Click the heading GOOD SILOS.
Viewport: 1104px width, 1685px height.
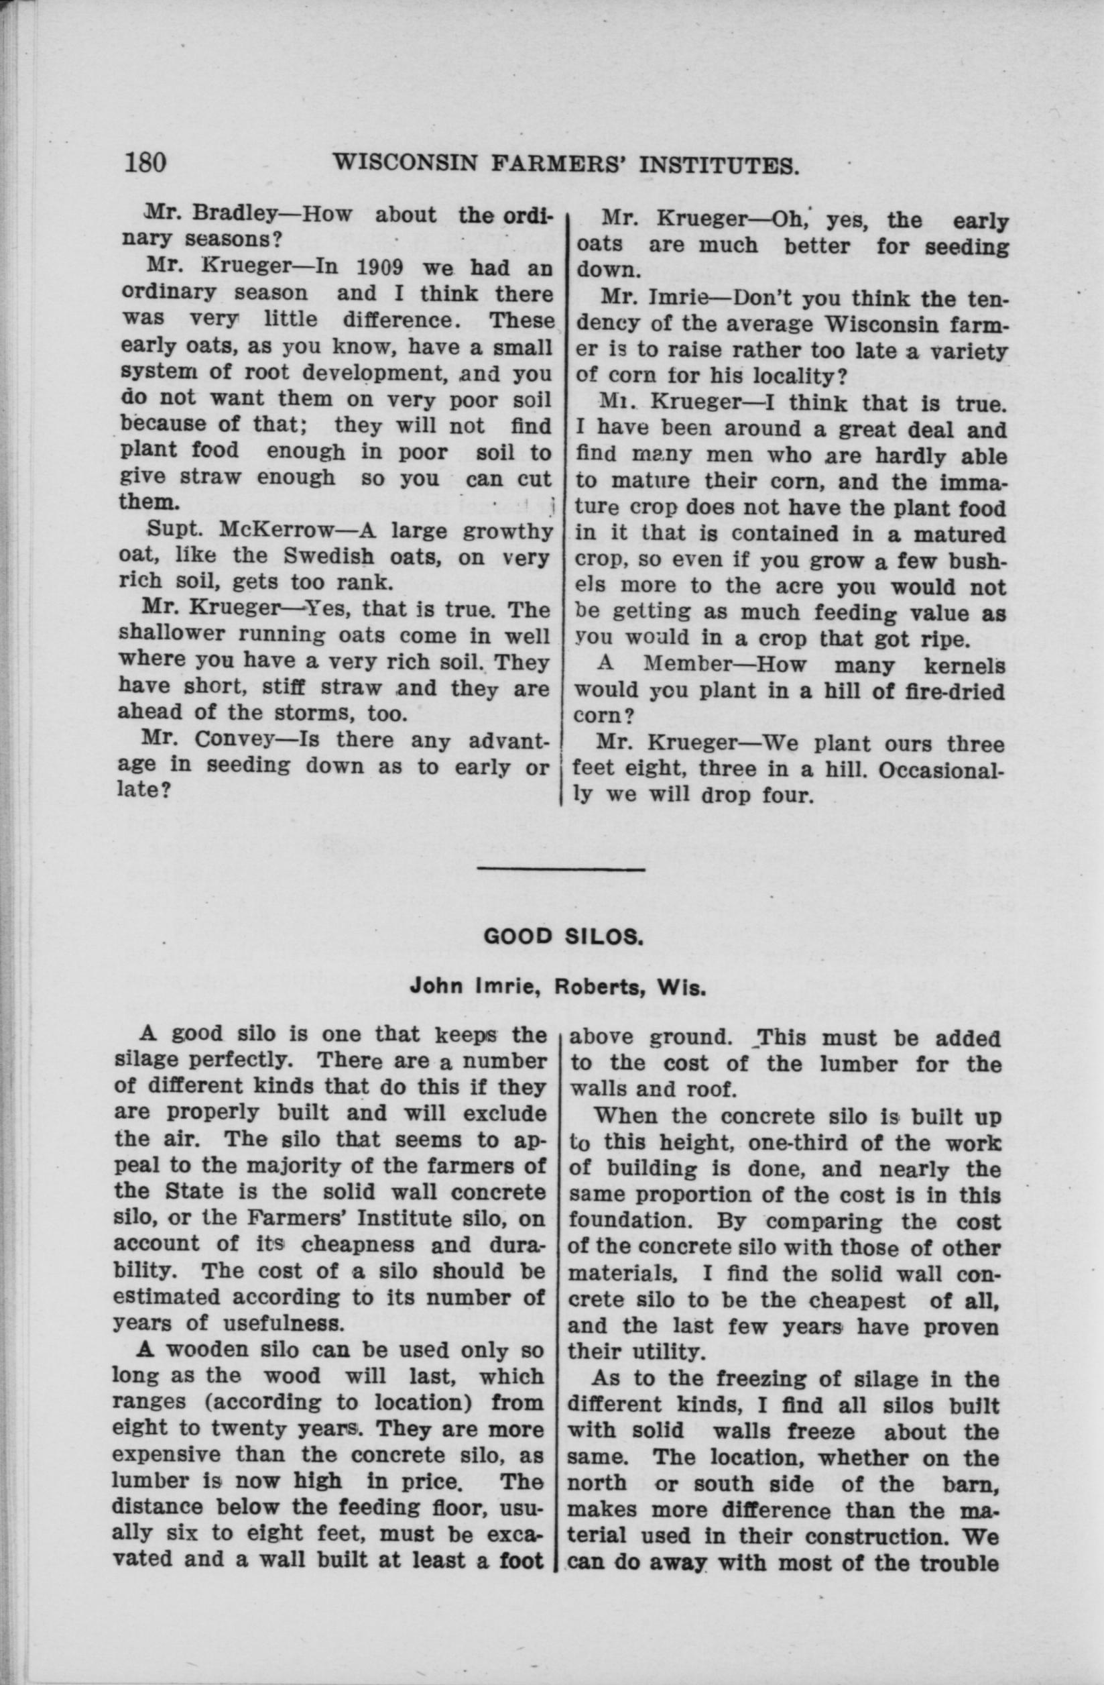pyautogui.click(x=562, y=936)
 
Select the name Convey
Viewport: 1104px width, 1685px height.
pyautogui.click(x=233, y=741)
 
